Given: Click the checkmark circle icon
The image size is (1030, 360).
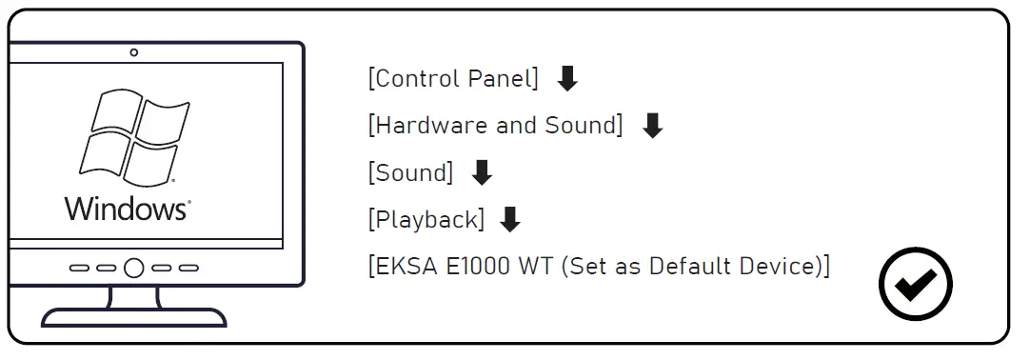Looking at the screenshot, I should pyautogui.click(x=916, y=284).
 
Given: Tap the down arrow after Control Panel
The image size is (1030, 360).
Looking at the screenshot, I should pyautogui.click(x=567, y=79).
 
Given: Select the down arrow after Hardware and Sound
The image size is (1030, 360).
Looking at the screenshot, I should pyautogui.click(x=652, y=126).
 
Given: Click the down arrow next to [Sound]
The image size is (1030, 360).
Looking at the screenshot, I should pyautogui.click(x=483, y=172).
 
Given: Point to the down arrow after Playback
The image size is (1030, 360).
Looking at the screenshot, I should pyautogui.click(x=510, y=220).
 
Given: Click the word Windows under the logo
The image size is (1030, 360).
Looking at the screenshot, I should pyautogui.click(x=126, y=210).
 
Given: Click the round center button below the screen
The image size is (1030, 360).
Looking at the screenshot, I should pyautogui.click(x=134, y=269).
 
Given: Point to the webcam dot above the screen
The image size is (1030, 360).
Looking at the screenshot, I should pyautogui.click(x=134, y=52).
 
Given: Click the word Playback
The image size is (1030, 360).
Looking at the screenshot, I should pyautogui.click(x=426, y=220).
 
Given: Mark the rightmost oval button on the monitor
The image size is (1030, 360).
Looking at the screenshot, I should pyautogui.click(x=189, y=269).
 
